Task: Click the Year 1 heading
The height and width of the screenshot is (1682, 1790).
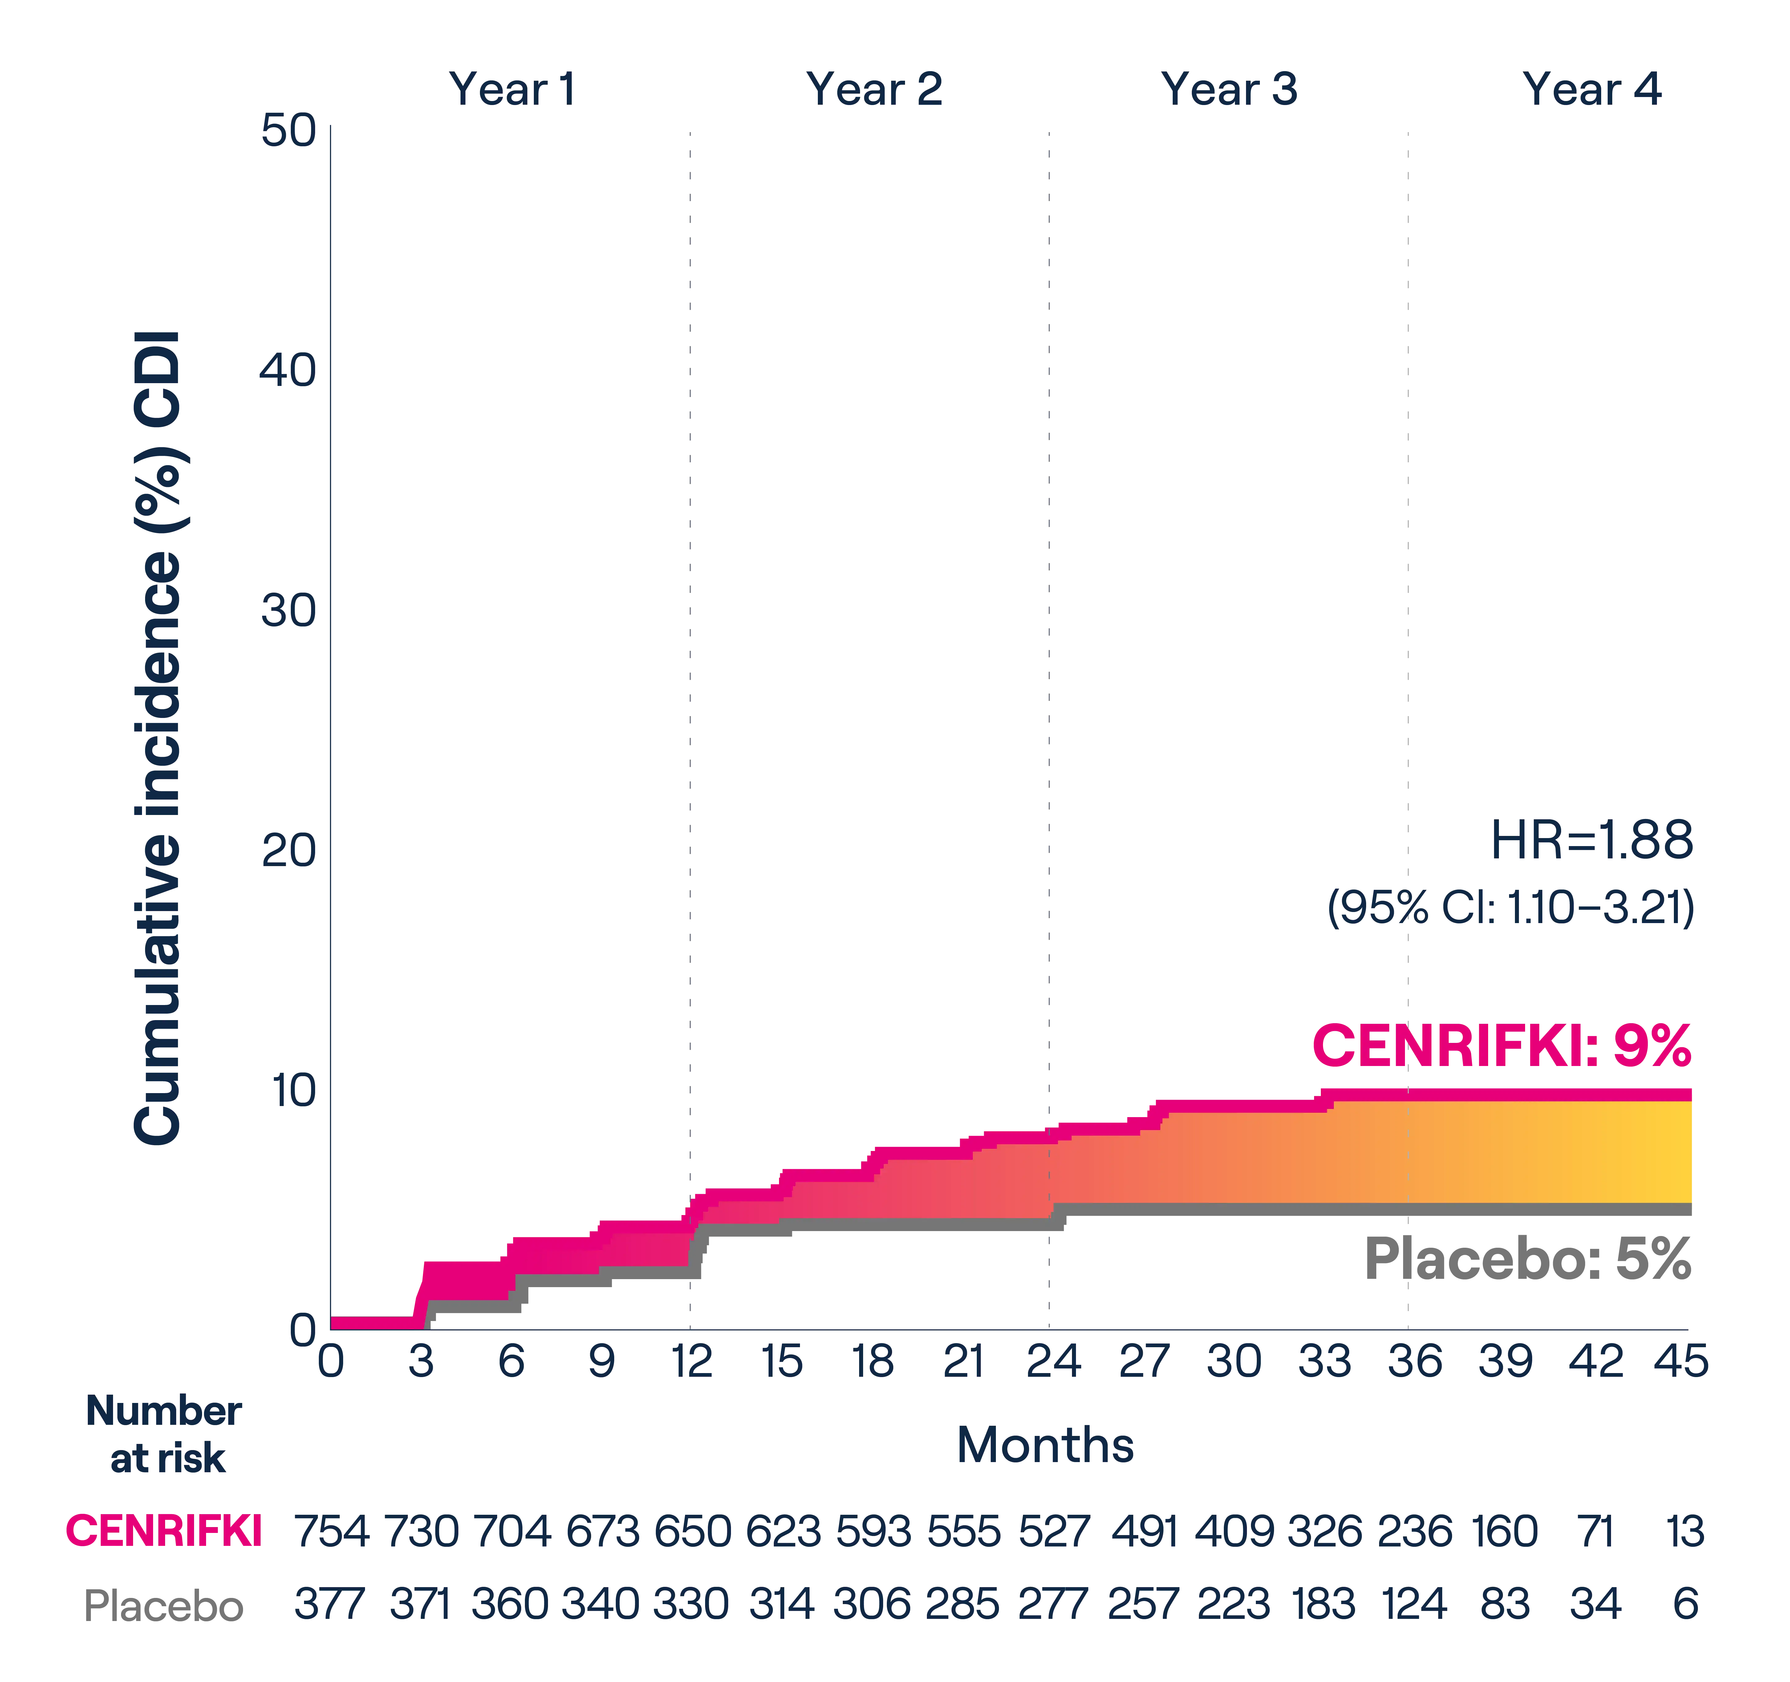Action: tap(510, 90)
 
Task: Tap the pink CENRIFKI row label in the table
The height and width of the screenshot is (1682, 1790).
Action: tap(164, 1531)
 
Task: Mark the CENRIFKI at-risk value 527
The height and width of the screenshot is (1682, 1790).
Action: tap(1053, 1531)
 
